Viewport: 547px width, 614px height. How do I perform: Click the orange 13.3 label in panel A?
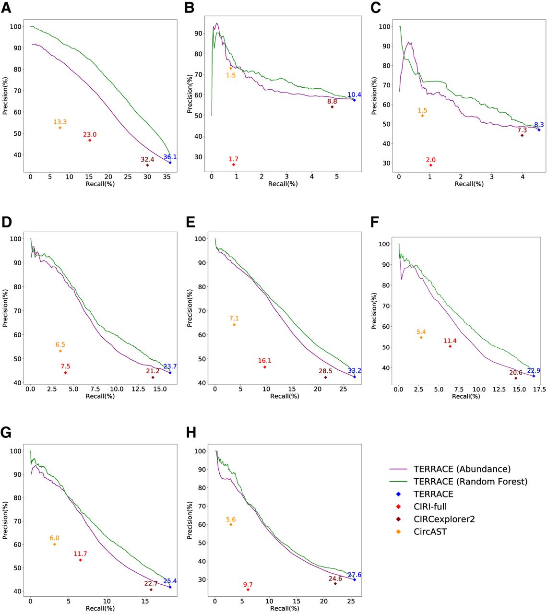coord(60,122)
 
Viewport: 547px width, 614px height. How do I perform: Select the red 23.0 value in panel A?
coord(90,135)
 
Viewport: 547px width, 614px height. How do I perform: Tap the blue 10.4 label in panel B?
coord(354,94)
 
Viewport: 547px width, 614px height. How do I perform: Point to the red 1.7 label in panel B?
coord(234,159)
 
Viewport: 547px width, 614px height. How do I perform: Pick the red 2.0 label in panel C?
coord(430,160)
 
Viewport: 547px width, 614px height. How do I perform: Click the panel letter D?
coord(6,222)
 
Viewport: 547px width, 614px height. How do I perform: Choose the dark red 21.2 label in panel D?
coord(153,371)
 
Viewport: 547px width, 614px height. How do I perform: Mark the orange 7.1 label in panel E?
coord(234,318)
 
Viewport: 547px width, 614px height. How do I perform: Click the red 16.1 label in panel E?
coord(264,361)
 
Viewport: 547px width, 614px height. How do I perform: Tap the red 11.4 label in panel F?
coord(450,341)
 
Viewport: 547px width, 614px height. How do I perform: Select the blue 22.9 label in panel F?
coord(534,370)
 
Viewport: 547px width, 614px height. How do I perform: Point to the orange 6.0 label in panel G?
coord(54,538)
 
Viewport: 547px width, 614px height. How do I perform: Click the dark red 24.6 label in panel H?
coord(335,579)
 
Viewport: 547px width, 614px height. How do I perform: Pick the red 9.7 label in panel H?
coord(248,585)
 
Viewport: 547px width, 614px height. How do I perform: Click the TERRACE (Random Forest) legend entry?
coord(470,481)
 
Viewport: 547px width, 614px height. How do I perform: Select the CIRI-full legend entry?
coord(430,507)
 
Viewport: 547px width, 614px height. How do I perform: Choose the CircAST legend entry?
coord(430,531)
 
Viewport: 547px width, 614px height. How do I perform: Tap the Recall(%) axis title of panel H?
coord(285,608)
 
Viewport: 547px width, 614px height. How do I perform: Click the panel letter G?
coord(6,433)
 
